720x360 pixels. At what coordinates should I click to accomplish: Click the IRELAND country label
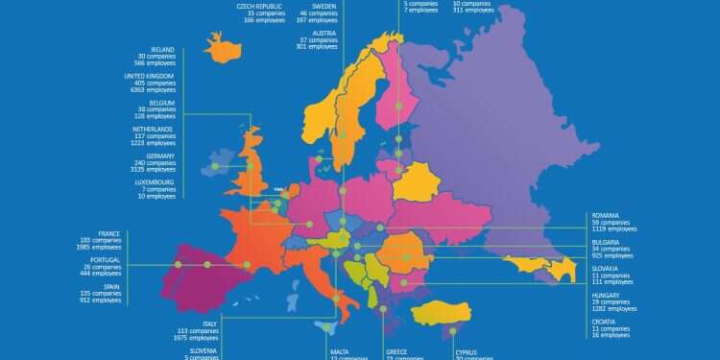pyautogui.click(x=162, y=49)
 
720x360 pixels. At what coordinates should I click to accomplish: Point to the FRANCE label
pyautogui.click(x=108, y=233)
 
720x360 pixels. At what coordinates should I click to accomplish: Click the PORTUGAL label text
pyautogui.click(x=106, y=259)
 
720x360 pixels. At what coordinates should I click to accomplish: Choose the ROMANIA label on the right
pyautogui.click(x=606, y=216)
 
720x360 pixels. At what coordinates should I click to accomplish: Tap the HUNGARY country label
pyautogui.click(x=606, y=297)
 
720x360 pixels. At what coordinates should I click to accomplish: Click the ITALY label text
pyautogui.click(x=210, y=324)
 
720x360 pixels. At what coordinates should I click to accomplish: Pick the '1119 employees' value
pyautogui.click(x=614, y=230)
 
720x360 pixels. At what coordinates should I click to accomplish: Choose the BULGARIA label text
pyautogui.click(x=606, y=243)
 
